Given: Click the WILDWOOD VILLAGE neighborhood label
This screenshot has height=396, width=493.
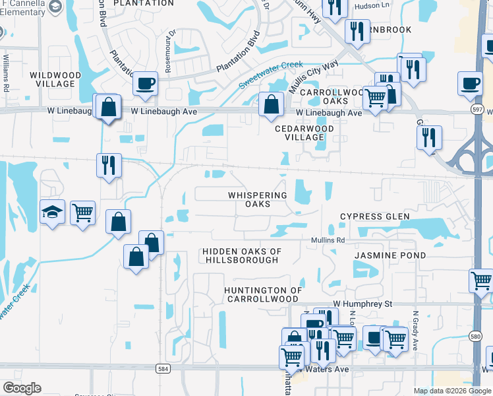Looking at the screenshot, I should coord(55,79).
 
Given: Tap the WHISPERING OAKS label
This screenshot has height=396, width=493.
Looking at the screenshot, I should coord(258,199).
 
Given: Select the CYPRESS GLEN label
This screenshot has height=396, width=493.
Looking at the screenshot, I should coord(374,216).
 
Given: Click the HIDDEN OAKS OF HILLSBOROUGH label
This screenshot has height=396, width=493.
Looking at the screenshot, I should coord(242,255).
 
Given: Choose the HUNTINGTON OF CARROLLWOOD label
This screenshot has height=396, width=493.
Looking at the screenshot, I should coord(262,294).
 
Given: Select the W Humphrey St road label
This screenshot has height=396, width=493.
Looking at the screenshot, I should coord(362,304).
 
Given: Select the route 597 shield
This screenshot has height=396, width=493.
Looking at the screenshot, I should coord(478,108).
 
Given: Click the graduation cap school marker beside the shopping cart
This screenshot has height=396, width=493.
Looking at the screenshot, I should coord(53,213).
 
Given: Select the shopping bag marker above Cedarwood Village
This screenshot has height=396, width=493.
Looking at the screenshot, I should coord(271,104).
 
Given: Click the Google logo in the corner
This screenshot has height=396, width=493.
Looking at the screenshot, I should coord(21,388).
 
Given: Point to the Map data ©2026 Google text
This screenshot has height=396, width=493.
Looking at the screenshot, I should coord(451,391).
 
